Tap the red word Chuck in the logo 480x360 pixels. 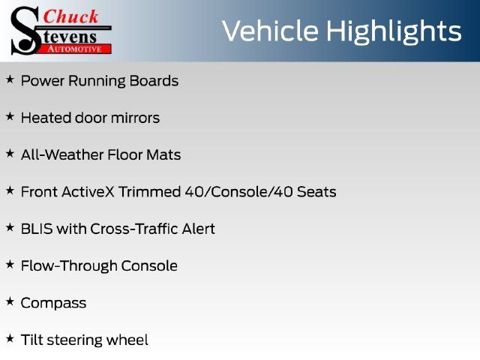pyautogui.click(x=70, y=16)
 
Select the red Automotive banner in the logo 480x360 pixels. pyautogui.click(x=75, y=49)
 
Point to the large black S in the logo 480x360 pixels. pyautogui.click(x=25, y=31)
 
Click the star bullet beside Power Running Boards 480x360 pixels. pyautogui.click(x=10, y=79)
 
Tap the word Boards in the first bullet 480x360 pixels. pyautogui.click(x=154, y=81)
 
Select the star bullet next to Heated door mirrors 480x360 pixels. pyautogui.click(x=10, y=116)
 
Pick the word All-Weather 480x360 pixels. pyautogui.click(x=62, y=154)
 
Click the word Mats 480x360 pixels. pyautogui.click(x=163, y=154)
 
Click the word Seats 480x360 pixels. pyautogui.click(x=316, y=192)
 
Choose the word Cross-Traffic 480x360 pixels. pyautogui.click(x=134, y=229)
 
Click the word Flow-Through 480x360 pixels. pyautogui.click(x=69, y=265)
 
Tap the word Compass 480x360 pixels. pyautogui.click(x=53, y=303)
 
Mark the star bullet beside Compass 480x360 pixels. pyautogui.click(x=10, y=301)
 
